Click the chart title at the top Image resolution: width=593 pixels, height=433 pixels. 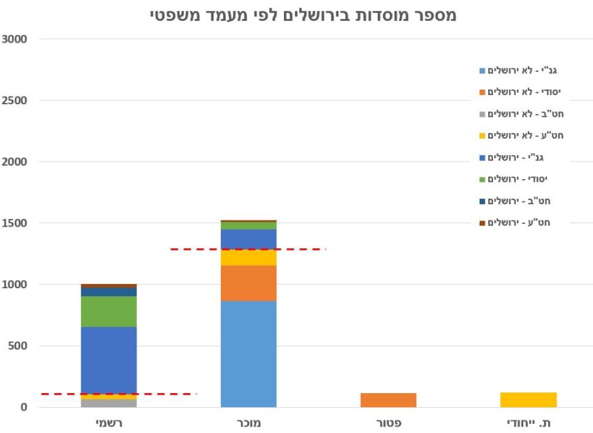303,15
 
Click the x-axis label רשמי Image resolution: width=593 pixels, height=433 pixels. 108,423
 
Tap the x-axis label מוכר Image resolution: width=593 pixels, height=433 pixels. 248,423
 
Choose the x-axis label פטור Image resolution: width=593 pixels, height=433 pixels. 388,423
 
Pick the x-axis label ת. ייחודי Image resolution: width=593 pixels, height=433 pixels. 528,423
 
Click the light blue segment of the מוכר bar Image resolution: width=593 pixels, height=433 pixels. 248,354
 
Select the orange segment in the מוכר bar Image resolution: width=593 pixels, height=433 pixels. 248,283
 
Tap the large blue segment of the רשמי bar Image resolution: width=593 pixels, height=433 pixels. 108,360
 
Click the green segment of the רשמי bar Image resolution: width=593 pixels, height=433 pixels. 108,311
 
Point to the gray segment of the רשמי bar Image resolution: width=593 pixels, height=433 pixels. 108,403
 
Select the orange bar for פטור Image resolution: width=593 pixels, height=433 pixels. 388,400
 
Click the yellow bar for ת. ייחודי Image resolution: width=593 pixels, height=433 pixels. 528,399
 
